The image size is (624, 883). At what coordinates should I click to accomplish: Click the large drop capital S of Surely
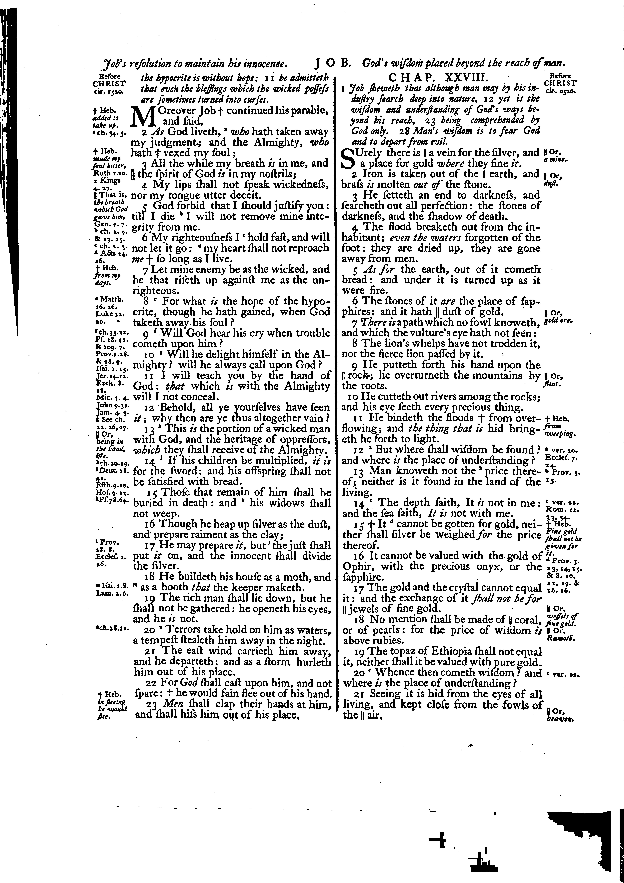point(347,158)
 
